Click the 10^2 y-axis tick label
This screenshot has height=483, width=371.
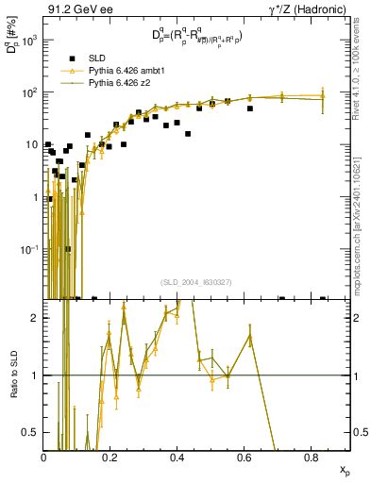[x=31, y=92]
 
